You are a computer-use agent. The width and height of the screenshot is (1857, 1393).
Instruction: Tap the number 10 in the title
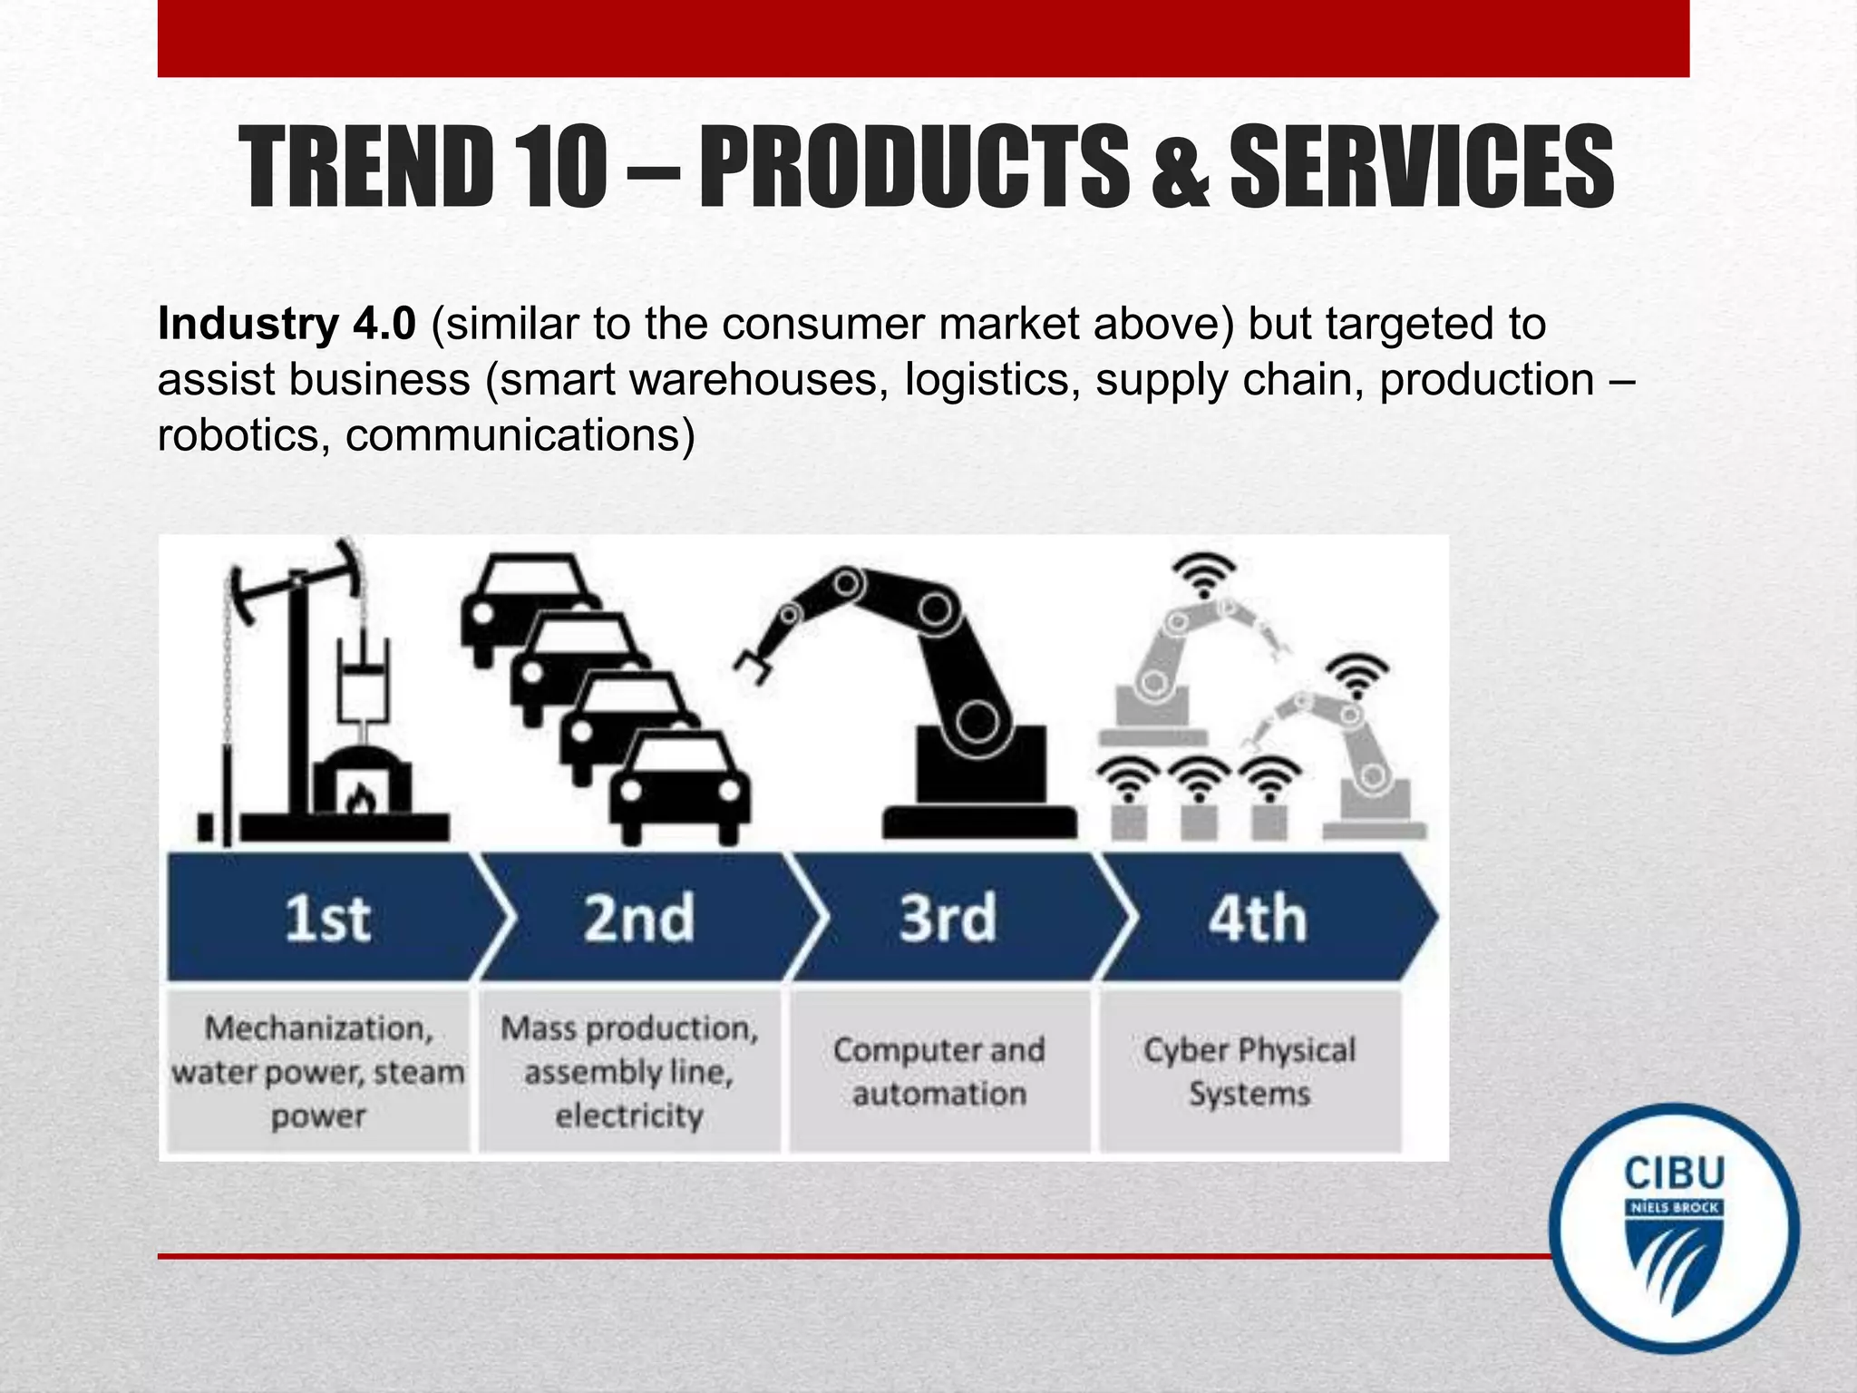pyautogui.click(x=562, y=168)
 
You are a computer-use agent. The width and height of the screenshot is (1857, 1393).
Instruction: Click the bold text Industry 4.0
pyautogui.click(x=287, y=324)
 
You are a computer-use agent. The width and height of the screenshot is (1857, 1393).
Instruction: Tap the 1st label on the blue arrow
pyautogui.click(x=327, y=919)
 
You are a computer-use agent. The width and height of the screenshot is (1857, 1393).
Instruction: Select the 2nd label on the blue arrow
pyautogui.click(x=639, y=919)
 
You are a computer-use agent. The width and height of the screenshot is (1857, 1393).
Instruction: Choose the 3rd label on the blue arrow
pyautogui.click(x=948, y=919)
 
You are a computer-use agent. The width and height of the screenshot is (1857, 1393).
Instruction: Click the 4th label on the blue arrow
pyautogui.click(x=1258, y=919)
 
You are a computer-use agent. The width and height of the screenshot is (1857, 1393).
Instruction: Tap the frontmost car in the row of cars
pyautogui.click(x=680, y=784)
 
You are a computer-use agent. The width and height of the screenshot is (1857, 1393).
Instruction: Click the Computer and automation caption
pyautogui.click(x=939, y=1072)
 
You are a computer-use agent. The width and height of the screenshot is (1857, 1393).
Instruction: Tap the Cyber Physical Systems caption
pyautogui.click(x=1249, y=1072)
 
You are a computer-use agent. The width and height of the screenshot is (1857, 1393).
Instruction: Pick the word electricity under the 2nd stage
pyautogui.click(x=629, y=1115)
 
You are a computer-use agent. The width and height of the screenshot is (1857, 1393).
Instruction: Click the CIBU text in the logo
pyautogui.click(x=1674, y=1174)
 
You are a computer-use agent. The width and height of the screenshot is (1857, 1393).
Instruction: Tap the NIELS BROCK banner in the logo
pyautogui.click(x=1674, y=1208)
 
